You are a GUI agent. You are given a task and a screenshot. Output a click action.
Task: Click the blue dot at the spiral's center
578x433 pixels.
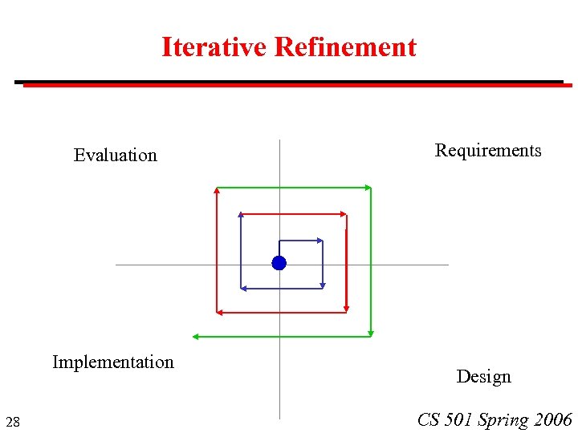(279, 263)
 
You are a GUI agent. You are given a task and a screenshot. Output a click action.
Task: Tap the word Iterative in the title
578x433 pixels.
(214, 47)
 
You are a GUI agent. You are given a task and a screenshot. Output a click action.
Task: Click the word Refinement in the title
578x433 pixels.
(345, 47)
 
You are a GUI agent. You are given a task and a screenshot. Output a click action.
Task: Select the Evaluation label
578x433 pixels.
(116, 155)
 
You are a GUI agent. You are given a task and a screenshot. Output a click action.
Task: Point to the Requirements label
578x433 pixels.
(488, 150)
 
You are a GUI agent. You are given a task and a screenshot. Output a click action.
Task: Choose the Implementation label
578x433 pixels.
(113, 362)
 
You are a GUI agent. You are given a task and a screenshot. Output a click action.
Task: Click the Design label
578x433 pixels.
(483, 376)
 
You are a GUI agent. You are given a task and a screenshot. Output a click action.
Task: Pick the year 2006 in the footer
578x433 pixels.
(552, 419)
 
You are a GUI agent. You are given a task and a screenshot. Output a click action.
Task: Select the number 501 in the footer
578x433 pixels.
(458, 419)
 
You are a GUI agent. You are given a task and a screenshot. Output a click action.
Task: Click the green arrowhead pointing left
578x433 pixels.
(195, 337)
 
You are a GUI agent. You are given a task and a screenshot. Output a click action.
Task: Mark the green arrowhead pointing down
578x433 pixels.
(371, 332)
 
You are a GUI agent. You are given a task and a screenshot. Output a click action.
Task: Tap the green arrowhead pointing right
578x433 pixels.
(368, 188)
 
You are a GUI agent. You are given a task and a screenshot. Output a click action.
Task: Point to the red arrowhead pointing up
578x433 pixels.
(217, 191)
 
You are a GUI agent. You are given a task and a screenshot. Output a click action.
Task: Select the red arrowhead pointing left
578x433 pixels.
(219, 312)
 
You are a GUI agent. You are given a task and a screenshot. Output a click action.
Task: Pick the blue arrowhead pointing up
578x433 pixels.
(241, 215)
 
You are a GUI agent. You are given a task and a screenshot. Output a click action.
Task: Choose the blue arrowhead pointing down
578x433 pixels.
(322, 284)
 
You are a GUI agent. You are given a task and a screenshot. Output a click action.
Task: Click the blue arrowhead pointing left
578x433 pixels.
(244, 287)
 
